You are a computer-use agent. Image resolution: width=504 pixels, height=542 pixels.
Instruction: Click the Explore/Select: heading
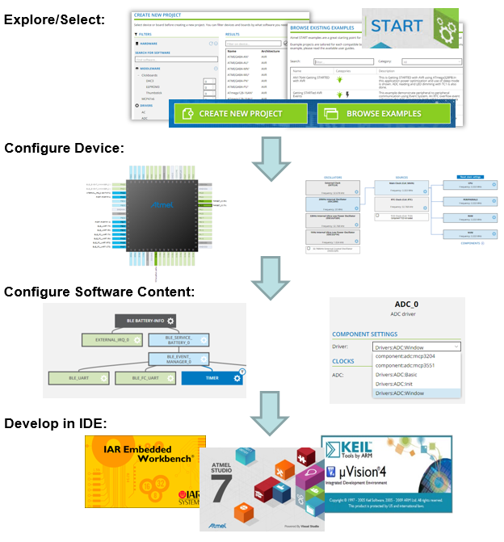53,18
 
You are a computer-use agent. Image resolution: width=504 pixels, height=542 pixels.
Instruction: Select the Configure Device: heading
64,149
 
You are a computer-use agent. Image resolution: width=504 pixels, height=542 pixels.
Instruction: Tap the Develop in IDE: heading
57,423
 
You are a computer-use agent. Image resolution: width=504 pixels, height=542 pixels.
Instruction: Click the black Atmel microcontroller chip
164,213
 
